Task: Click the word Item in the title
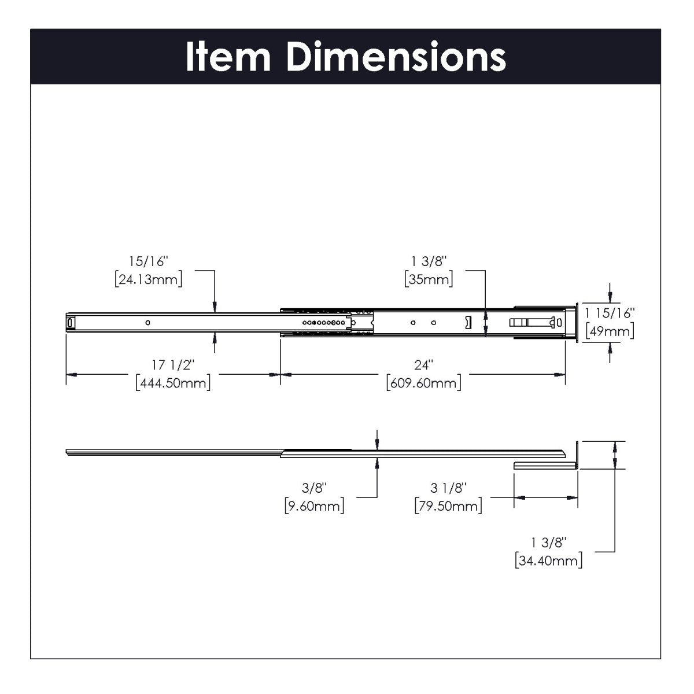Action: pyautogui.click(x=228, y=57)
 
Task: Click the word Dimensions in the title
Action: pyautogui.click(x=397, y=57)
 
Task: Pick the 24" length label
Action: pyautogui.click(x=423, y=365)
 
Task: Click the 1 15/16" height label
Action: pyautogui.click(x=610, y=313)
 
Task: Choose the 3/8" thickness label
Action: pyautogui.click(x=314, y=488)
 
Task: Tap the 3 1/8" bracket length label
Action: pyautogui.click(x=448, y=488)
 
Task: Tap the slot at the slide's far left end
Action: pyautogui.click(x=71, y=322)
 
